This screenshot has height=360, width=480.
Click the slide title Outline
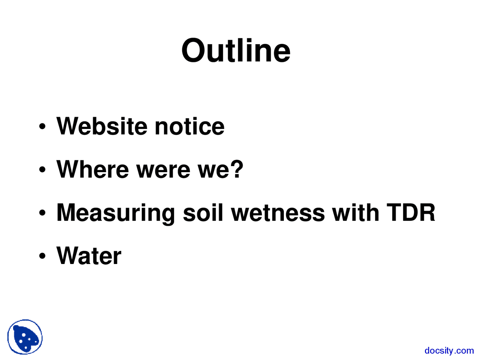(x=236, y=51)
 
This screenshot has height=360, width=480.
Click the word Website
(x=102, y=126)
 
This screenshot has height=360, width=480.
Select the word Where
(x=92, y=169)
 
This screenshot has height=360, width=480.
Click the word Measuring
(x=115, y=213)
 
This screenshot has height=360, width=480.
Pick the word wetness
(x=277, y=213)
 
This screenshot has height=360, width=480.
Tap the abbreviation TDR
(x=411, y=213)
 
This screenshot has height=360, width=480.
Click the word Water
(x=89, y=256)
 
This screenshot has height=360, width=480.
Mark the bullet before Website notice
(x=42, y=127)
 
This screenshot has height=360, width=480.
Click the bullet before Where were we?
(x=42, y=170)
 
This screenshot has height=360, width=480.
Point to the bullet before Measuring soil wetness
(x=42, y=213)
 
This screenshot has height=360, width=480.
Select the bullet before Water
(x=42, y=256)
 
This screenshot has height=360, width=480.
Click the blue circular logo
(x=25, y=337)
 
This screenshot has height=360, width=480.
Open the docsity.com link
(x=449, y=351)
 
